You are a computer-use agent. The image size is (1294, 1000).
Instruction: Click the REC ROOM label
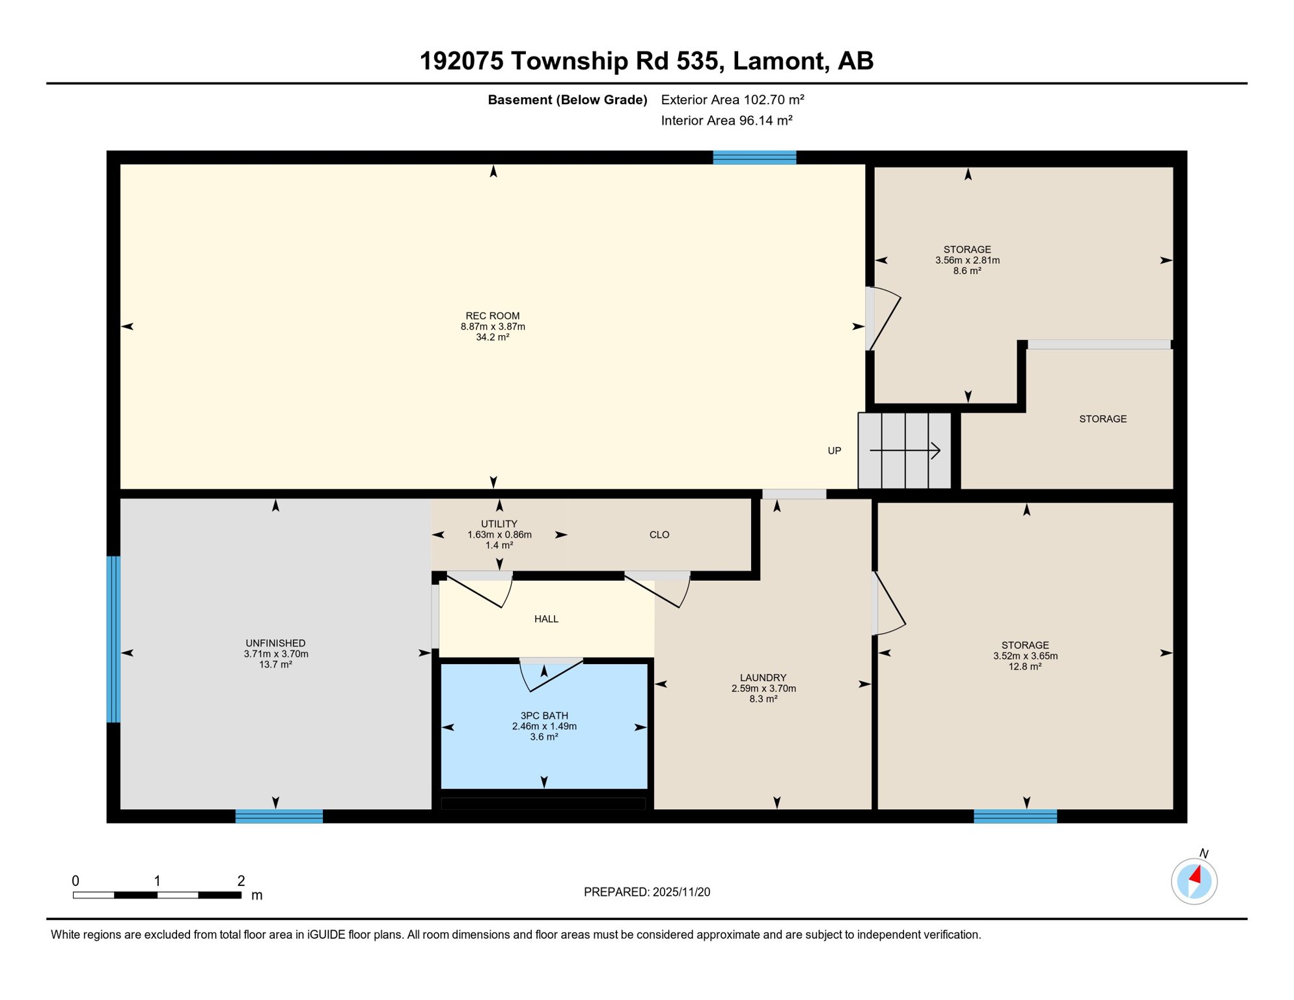click(x=492, y=316)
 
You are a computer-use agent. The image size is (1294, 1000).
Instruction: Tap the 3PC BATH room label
click(x=544, y=715)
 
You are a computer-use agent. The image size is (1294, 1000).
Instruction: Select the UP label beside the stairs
click(x=834, y=451)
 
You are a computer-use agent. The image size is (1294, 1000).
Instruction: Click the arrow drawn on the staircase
click(x=905, y=451)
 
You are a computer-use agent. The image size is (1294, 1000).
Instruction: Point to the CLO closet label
click(x=659, y=535)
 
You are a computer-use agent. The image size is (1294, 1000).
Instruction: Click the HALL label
click(x=546, y=619)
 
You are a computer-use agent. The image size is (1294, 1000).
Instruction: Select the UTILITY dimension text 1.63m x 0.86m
click(x=499, y=535)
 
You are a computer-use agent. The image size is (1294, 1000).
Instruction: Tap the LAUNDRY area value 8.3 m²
click(x=763, y=699)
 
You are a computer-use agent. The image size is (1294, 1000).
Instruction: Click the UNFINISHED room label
click(x=275, y=643)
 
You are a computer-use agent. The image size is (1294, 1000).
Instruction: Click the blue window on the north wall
click(x=754, y=157)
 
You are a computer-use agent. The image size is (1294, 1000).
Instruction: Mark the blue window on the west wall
click(x=113, y=639)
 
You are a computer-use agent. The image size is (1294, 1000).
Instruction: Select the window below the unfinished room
click(x=279, y=816)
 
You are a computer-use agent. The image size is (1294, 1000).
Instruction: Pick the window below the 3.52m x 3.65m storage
click(x=1015, y=816)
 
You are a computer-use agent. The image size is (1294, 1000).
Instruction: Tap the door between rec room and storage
click(x=883, y=319)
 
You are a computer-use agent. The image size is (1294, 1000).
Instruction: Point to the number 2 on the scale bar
click(x=241, y=881)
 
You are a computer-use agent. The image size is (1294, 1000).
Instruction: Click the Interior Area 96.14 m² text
click(x=726, y=120)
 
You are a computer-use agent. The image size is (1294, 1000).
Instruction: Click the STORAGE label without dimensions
click(x=1102, y=419)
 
